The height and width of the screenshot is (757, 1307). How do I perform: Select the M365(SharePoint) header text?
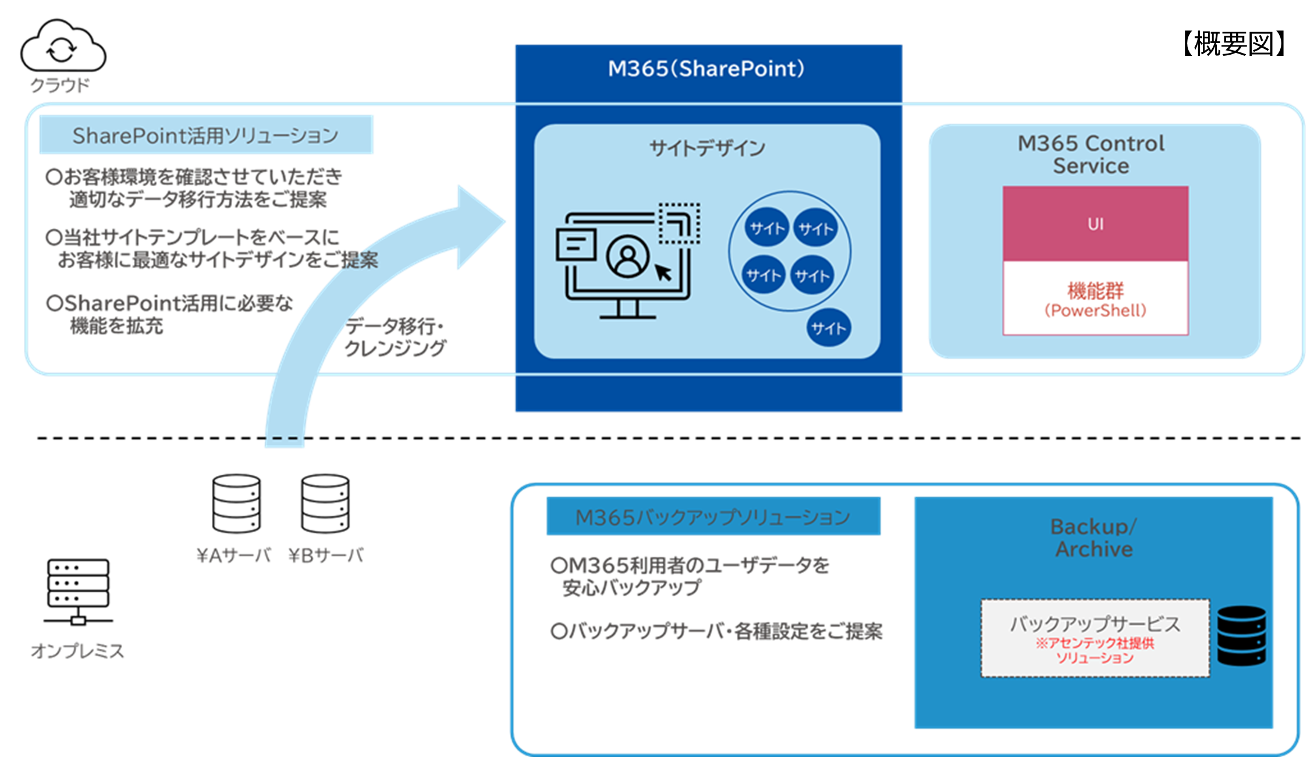706,69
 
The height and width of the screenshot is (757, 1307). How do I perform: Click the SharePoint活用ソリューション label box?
205,135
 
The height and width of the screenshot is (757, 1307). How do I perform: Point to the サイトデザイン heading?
707,148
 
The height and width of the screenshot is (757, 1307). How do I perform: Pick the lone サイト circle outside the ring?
828,328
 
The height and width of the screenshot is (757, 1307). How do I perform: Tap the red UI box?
1095,224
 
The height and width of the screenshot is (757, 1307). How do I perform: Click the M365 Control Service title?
1091,154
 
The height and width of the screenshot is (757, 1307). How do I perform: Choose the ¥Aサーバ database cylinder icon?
236,503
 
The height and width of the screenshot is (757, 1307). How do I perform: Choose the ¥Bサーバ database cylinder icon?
325,503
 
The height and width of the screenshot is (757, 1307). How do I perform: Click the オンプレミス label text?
77,651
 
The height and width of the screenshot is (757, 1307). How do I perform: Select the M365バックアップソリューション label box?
713,517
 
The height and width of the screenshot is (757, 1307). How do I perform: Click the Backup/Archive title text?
1093,538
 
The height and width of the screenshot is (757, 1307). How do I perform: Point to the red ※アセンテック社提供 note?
1095,644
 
